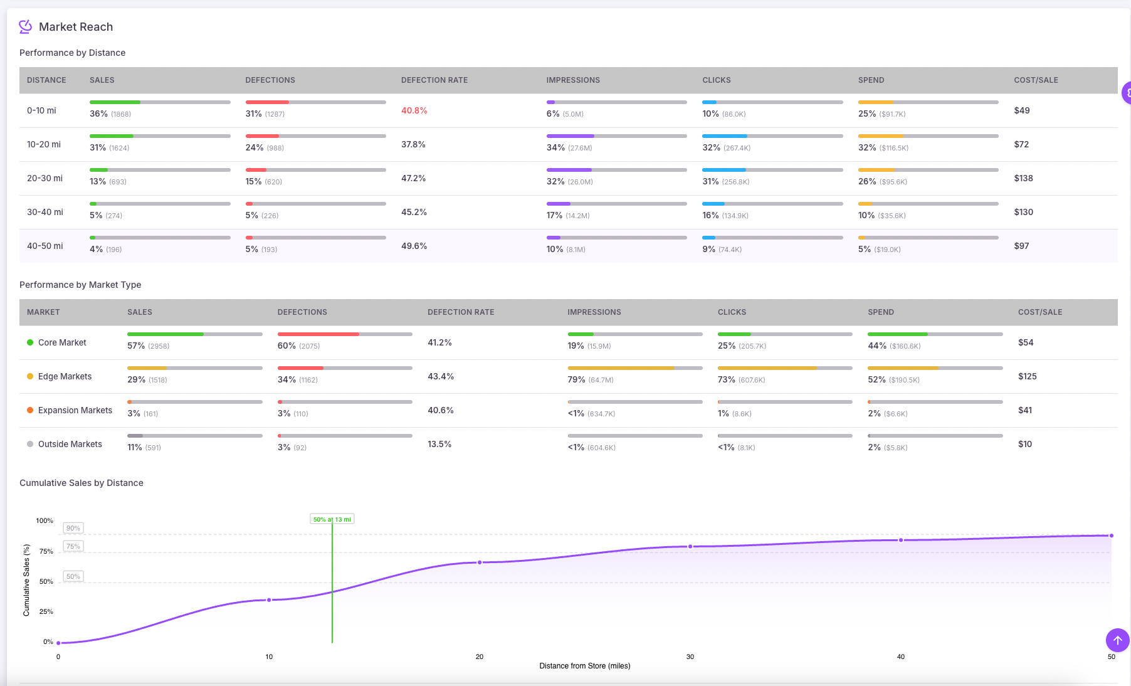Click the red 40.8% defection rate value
[414, 110]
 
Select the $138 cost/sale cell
[1023, 178]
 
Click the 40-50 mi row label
[45, 246]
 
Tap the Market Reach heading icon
[25, 26]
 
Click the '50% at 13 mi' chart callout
[332, 519]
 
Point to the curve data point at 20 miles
[480, 562]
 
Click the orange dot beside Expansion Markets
[30, 410]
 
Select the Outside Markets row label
[70, 444]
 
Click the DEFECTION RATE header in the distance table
[434, 80]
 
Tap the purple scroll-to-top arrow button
[1117, 640]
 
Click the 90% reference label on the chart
[73, 528]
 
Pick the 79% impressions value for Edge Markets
[576, 379]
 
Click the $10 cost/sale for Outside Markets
[1024, 444]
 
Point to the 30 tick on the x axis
[690, 657]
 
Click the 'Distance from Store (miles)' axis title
[584, 666]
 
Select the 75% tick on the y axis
[46, 551]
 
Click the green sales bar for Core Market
[166, 334]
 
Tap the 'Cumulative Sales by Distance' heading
[82, 483]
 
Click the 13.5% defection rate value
[439, 444]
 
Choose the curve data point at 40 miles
[901, 540]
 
